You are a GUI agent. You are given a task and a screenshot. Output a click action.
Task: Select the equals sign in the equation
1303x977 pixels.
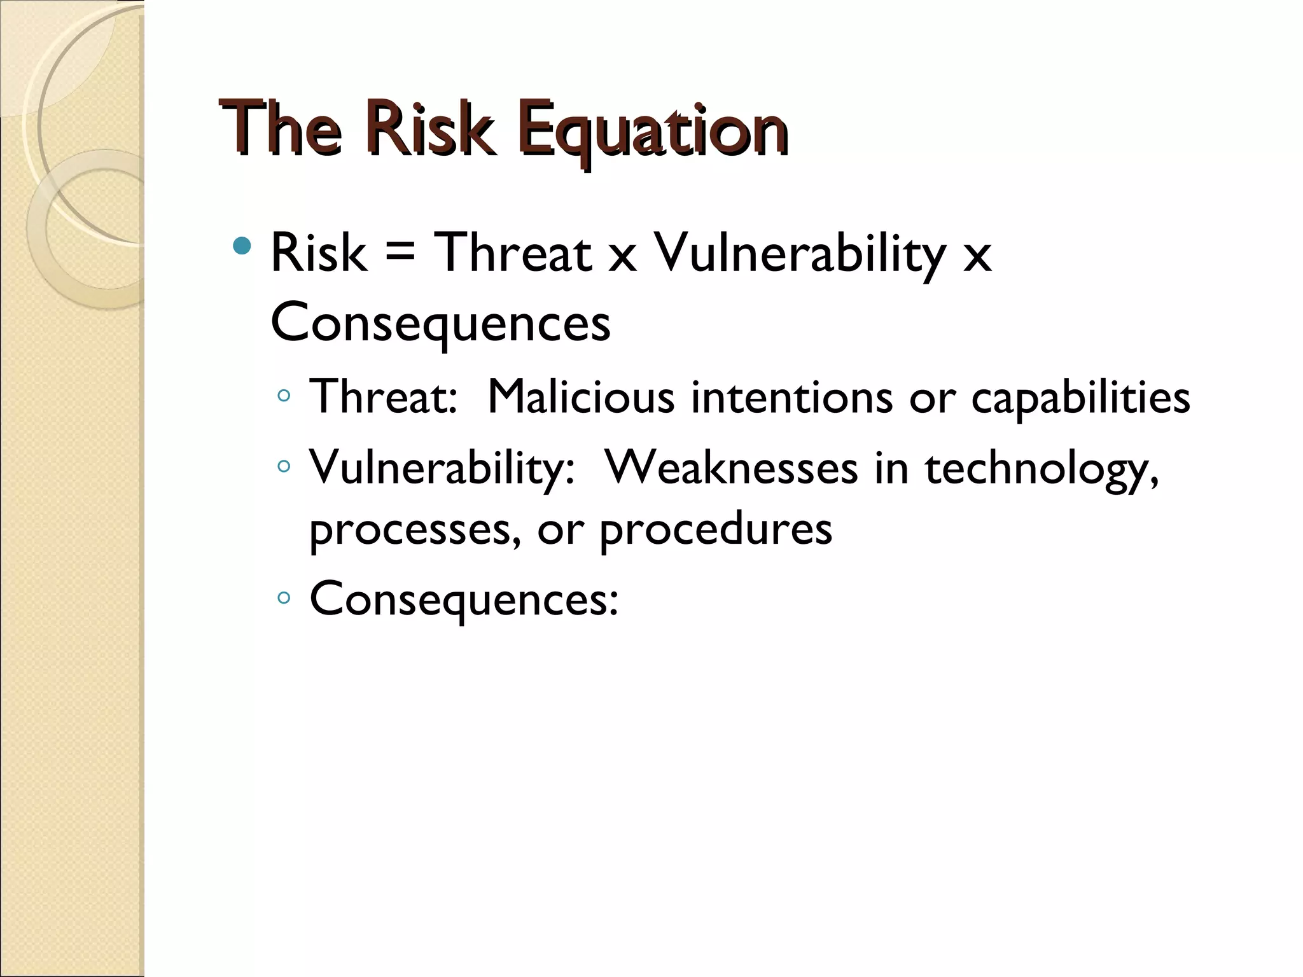point(400,254)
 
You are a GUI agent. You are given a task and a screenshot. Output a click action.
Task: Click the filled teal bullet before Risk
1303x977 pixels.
point(242,246)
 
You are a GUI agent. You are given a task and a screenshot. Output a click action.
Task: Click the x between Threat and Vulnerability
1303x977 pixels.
point(622,257)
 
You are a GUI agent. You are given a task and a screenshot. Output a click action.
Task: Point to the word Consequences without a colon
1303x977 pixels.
point(440,323)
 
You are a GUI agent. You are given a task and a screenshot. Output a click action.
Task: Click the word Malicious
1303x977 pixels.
point(580,397)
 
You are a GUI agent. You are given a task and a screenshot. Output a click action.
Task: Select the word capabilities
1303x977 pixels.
point(1080,398)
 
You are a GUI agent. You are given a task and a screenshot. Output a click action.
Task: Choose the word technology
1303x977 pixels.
point(1041,469)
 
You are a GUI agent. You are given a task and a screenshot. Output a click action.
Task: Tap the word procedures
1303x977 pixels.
point(715,530)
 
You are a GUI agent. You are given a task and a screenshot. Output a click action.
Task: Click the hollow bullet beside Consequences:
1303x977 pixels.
point(284,598)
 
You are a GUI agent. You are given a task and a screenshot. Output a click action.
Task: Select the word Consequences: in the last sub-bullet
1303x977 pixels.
point(463,599)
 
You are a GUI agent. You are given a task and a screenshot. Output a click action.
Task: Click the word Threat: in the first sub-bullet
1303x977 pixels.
point(383,397)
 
